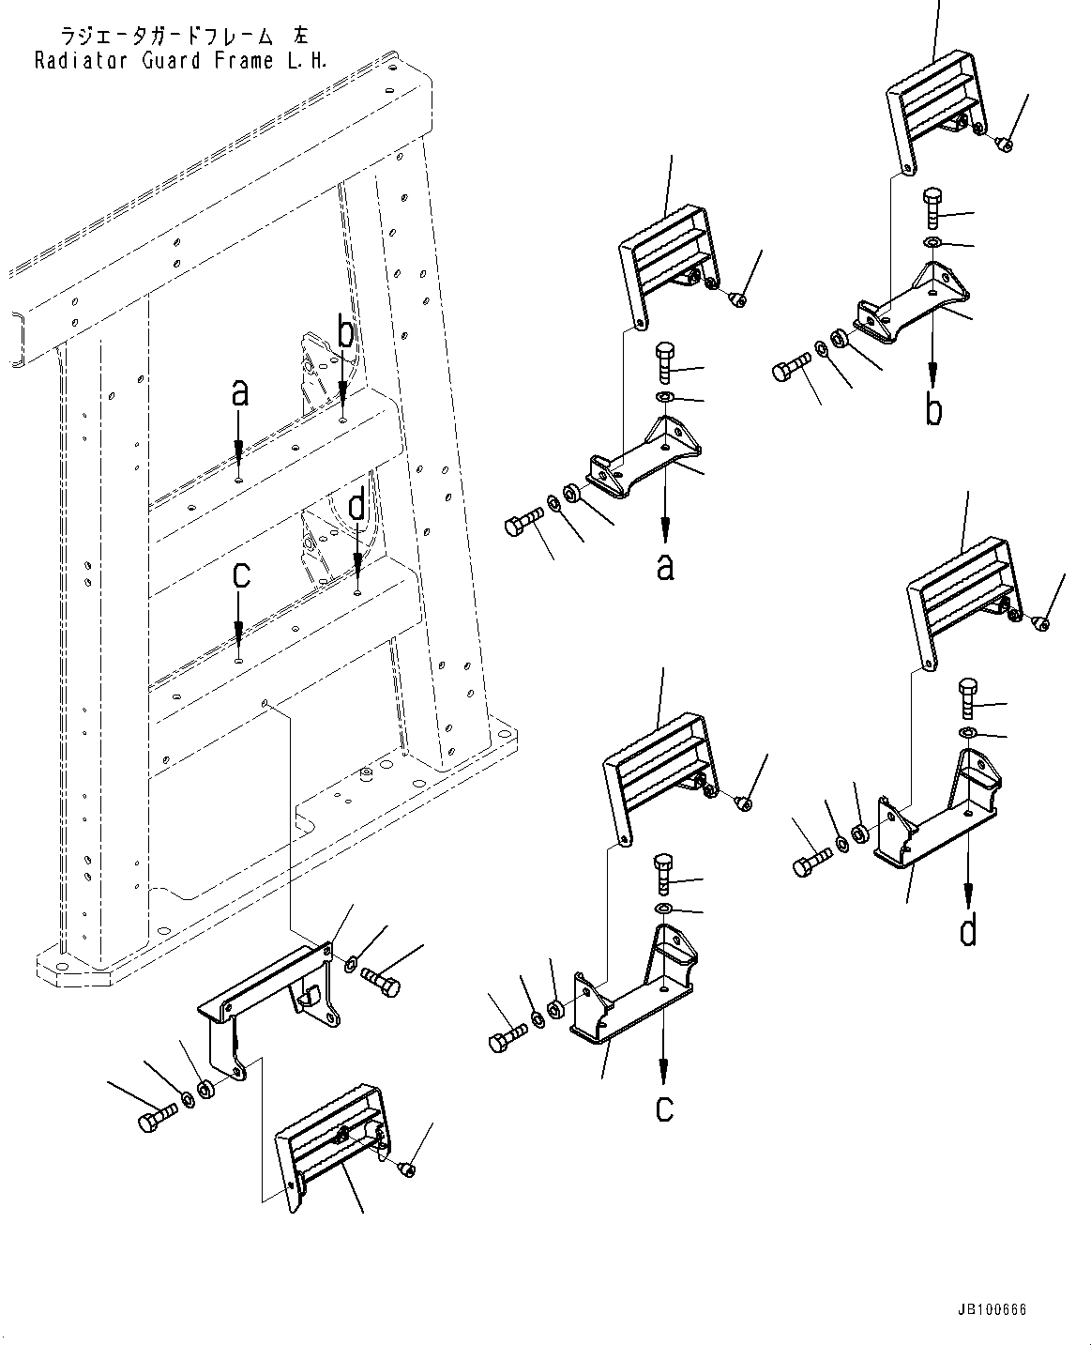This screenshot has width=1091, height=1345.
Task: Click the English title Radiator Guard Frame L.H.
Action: coord(181,61)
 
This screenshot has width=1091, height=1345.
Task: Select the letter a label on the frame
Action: coord(240,393)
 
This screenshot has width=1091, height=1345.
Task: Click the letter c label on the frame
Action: coord(241,574)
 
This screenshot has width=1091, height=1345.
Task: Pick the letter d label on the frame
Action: coord(357,507)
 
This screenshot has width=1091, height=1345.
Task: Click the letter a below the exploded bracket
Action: coord(665,567)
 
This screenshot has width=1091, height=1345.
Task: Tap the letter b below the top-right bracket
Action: coord(933,410)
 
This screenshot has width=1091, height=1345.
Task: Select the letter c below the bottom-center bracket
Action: coord(664,1108)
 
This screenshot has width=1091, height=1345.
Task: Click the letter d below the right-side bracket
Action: coord(968,931)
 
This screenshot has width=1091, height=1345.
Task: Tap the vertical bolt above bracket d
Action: coord(969,698)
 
